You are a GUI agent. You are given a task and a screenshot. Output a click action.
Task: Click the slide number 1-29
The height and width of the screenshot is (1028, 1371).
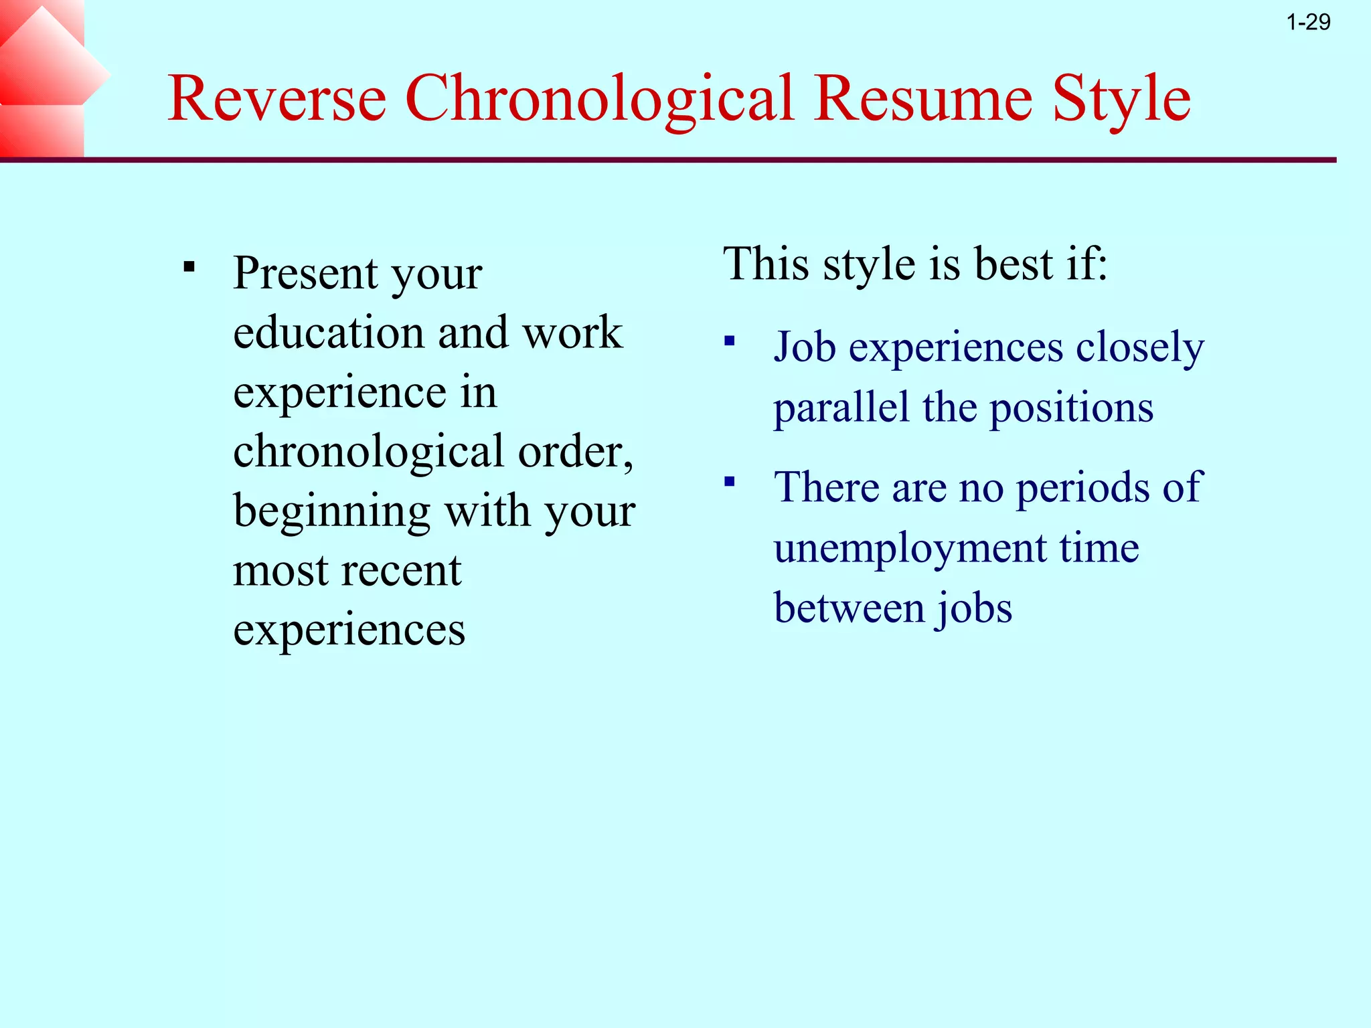pyautogui.click(x=1308, y=23)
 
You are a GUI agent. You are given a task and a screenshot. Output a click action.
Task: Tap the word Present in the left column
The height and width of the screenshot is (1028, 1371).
pyautogui.click(x=305, y=274)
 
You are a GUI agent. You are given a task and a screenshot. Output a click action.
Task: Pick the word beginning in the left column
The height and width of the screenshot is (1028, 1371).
pyautogui.click(x=331, y=513)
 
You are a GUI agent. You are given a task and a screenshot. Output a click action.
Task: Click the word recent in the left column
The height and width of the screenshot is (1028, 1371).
pyautogui.click(x=408, y=571)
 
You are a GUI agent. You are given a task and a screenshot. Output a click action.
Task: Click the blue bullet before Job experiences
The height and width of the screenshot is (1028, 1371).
pyautogui.click(x=730, y=342)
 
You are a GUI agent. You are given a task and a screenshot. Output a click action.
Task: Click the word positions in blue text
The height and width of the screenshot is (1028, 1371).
pyautogui.click(x=1071, y=408)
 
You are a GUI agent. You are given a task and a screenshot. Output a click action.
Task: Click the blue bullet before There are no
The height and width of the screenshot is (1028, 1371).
pyautogui.click(x=730, y=481)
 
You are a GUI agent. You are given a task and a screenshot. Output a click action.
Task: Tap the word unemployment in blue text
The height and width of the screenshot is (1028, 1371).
pyautogui.click(x=910, y=548)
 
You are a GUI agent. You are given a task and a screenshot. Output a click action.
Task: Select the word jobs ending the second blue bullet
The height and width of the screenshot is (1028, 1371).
pyautogui.click(x=974, y=608)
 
